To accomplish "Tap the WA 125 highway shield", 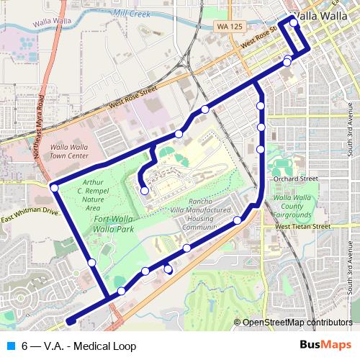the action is [x=225, y=27].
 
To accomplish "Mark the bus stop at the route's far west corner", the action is [x=54, y=187].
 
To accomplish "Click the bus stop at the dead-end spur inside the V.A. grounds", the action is [x=145, y=191].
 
